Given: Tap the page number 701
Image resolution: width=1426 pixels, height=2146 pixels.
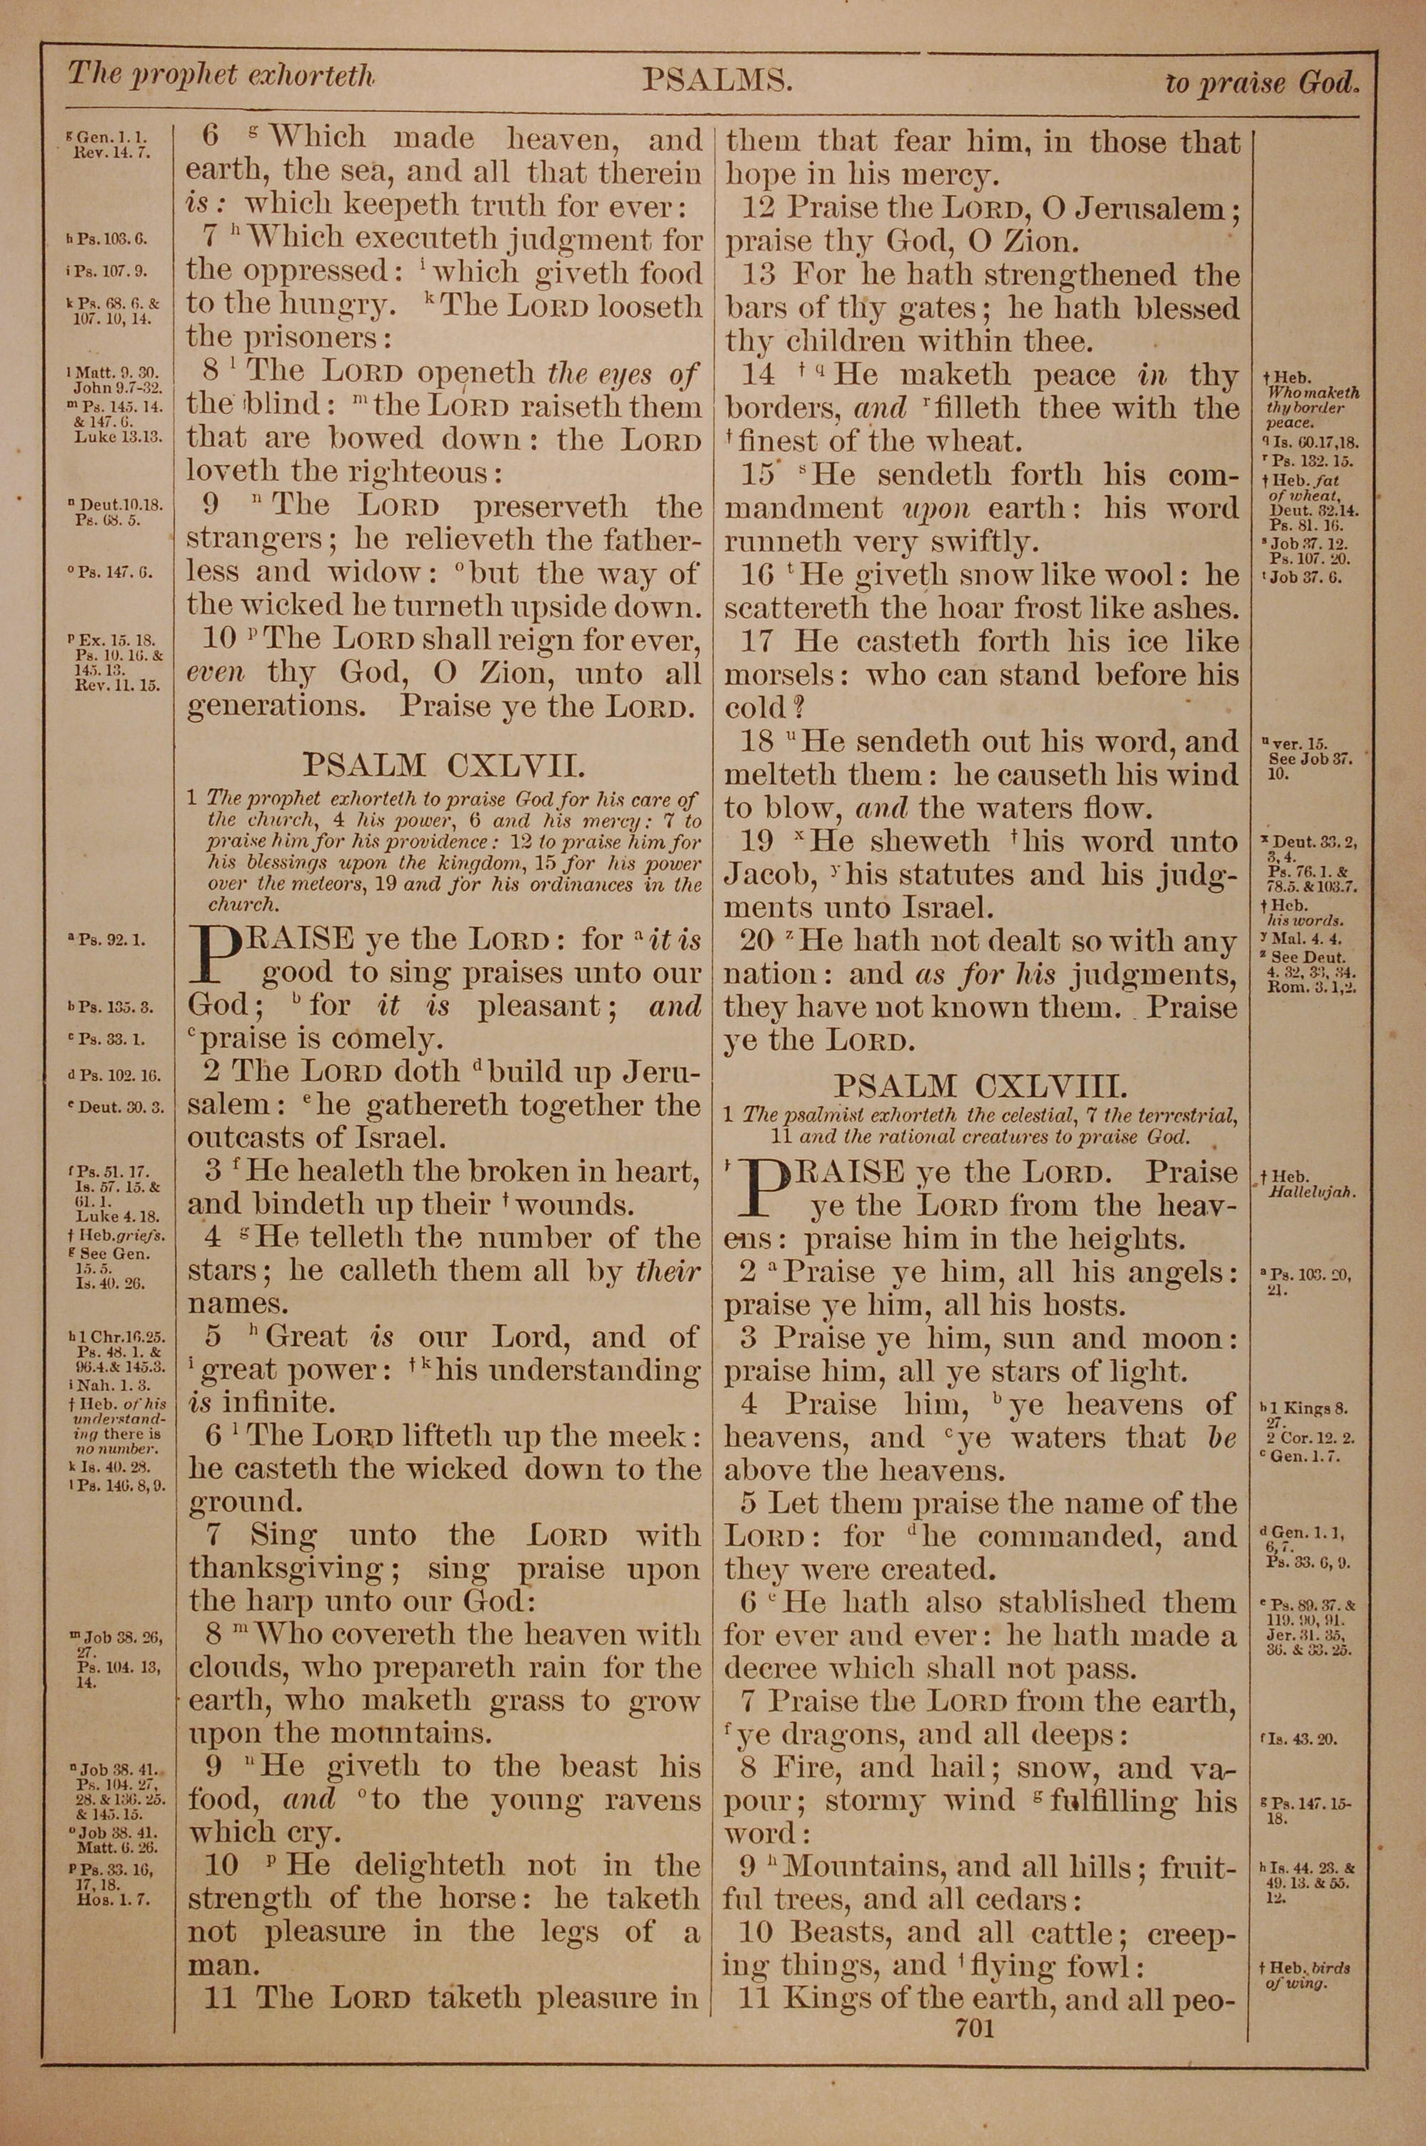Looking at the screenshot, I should coord(975,2028).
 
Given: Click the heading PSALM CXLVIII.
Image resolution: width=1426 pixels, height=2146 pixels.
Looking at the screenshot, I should coord(981,1084).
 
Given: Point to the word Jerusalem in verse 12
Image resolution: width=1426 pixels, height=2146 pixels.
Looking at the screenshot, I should coord(1149,208).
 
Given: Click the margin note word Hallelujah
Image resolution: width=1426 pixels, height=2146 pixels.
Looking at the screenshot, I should coord(1310,1191).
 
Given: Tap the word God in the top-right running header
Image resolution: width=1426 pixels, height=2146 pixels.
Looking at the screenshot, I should coord(1327,83).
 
